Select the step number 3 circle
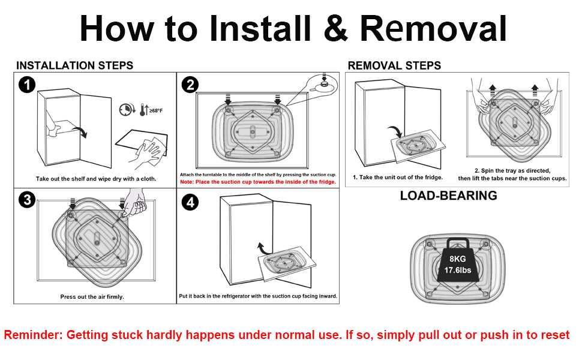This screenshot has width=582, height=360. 26,200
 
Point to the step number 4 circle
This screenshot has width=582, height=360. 190,203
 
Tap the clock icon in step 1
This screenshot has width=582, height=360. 126,110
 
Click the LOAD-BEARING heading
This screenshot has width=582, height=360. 448,196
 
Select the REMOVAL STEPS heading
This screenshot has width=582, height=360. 394,65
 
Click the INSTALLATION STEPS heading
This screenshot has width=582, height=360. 74,65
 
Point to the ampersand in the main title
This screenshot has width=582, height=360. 335,28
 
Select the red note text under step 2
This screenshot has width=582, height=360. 258,181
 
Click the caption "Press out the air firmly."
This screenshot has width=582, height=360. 92,296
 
